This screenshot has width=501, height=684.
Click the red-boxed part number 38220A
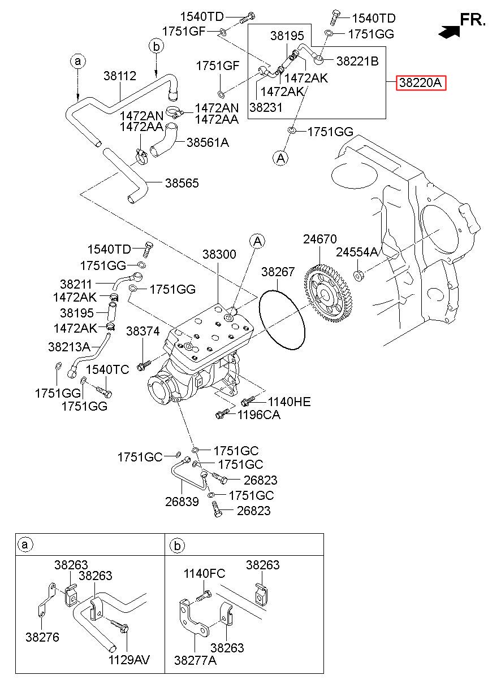click(x=421, y=82)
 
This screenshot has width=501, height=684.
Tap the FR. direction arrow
click(x=449, y=32)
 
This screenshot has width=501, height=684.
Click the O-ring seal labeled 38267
click(x=282, y=319)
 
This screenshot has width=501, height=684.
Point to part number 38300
click(x=219, y=254)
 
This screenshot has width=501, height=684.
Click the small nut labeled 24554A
click(x=359, y=276)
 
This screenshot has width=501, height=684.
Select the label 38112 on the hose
click(x=120, y=76)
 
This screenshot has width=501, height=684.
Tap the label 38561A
click(x=208, y=142)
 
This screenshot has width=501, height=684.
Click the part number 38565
click(x=182, y=183)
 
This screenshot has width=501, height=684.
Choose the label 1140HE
click(x=289, y=402)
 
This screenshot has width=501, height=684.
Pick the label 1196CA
click(x=258, y=415)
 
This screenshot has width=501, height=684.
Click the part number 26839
click(x=182, y=502)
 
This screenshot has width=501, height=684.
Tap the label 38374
click(x=142, y=331)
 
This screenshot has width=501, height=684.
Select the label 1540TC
click(x=107, y=369)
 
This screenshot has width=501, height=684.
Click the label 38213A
click(x=69, y=347)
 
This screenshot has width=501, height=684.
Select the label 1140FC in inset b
click(x=204, y=573)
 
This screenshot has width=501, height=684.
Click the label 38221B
click(x=357, y=62)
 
